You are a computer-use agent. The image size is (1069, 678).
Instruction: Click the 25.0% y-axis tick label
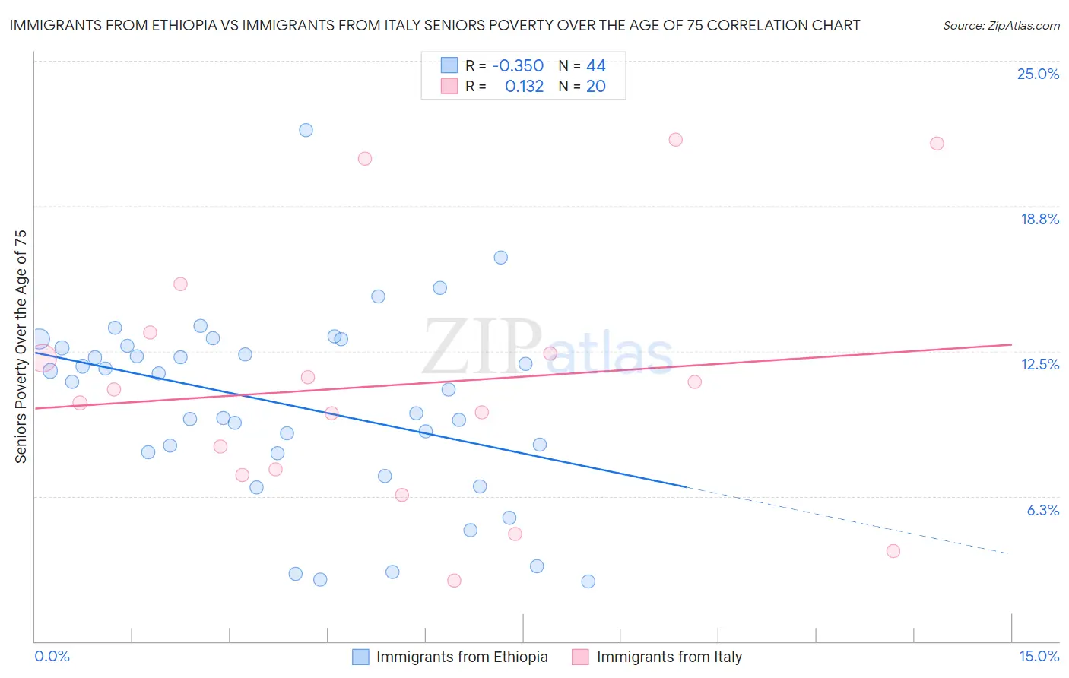click(x=1038, y=74)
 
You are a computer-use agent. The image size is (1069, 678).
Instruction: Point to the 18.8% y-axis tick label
click(x=1039, y=219)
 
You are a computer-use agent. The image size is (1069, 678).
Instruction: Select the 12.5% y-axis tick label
click(x=1039, y=364)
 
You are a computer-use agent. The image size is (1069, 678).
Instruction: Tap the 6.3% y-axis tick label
click(x=1042, y=510)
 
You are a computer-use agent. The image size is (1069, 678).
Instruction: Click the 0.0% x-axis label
click(x=52, y=656)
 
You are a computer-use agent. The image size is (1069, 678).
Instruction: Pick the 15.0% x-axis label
click(x=1039, y=656)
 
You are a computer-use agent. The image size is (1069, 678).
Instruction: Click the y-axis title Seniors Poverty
click(x=21, y=346)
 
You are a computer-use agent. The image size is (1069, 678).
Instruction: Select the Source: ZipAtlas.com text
click(x=1001, y=26)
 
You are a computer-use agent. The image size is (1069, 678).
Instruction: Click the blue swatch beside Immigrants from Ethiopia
click(x=360, y=657)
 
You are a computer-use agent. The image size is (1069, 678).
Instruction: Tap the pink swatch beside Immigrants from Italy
click(x=581, y=657)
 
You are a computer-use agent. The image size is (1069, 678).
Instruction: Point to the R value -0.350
click(x=518, y=65)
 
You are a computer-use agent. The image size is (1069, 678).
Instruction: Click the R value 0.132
click(x=524, y=87)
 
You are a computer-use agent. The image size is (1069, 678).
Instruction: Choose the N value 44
click(x=595, y=65)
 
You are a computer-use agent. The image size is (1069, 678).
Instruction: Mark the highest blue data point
click(x=306, y=130)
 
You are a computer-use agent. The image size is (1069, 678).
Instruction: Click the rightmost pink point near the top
click(x=937, y=144)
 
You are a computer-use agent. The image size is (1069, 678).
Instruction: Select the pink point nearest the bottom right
click(x=893, y=551)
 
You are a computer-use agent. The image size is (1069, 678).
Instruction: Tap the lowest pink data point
click(x=454, y=581)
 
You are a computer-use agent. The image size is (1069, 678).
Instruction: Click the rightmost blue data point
click(x=588, y=581)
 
